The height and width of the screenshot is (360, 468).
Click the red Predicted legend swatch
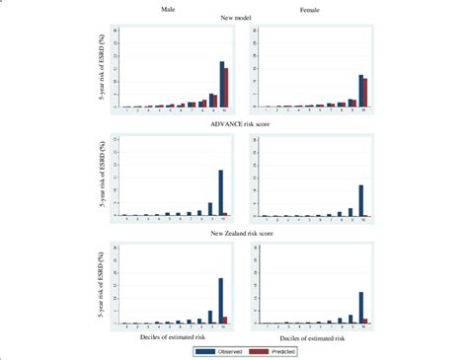tap(259, 350)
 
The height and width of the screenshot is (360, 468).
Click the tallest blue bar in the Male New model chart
tap(221, 84)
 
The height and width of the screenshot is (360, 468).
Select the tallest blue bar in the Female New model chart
tap(361, 91)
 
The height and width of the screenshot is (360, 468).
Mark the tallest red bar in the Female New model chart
tap(365, 93)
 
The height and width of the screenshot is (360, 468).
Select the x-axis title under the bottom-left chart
tap(170, 337)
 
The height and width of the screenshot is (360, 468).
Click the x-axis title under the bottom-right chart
tap(310, 337)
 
